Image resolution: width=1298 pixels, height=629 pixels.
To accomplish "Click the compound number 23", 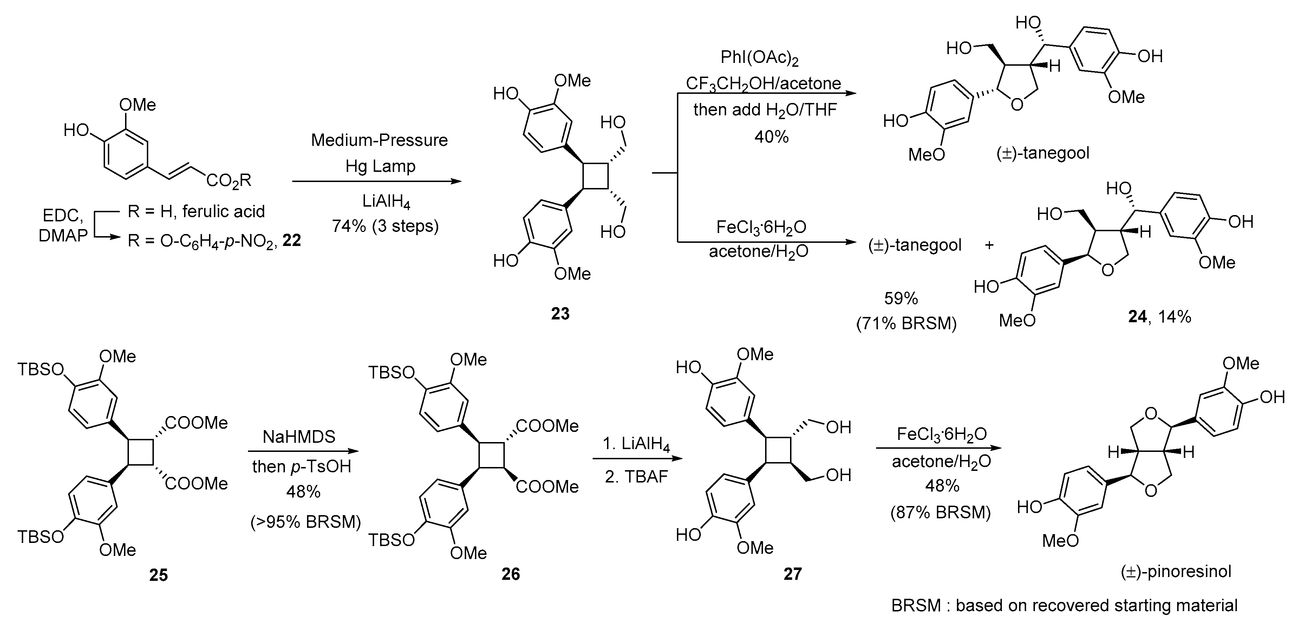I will tap(560, 313).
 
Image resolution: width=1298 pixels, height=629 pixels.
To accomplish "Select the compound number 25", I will tap(158, 575).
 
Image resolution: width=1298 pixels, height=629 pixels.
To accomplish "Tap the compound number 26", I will tap(510, 573).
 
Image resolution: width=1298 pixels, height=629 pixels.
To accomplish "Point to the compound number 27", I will tap(792, 573).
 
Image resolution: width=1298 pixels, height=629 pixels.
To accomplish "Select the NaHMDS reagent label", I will tap(299, 436).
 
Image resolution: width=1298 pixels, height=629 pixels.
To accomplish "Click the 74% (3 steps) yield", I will tap(385, 226).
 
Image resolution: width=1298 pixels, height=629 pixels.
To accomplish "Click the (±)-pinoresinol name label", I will tap(1175, 571).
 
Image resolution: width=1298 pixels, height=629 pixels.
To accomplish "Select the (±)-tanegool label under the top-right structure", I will tap(1043, 153).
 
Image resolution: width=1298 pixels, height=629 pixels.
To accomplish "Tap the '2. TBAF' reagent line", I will tap(636, 476).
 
